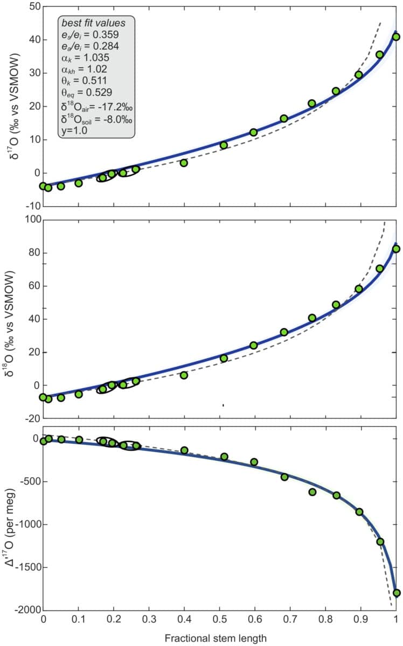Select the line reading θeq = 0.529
[88, 92]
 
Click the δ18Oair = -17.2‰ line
[93, 104]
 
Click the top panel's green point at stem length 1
[396, 37]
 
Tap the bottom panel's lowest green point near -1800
[397, 593]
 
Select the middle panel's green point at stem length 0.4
[184, 375]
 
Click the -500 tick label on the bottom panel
[29, 481]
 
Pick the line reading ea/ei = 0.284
[88, 46]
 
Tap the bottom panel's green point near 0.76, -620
[312, 491]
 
